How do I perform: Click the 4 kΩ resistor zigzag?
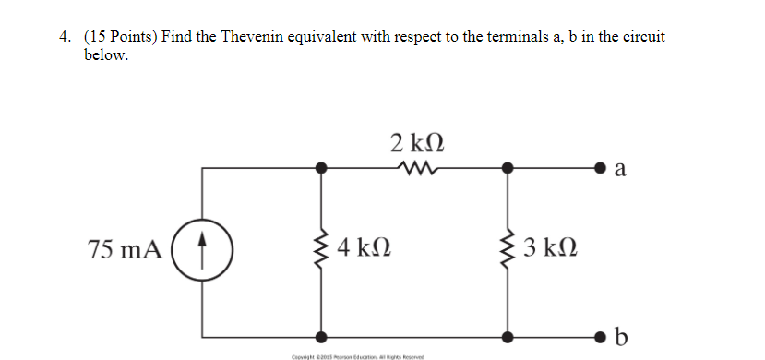point(321,249)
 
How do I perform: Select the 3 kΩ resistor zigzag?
point(507,249)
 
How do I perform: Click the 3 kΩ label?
point(548,248)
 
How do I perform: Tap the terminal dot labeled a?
point(600,169)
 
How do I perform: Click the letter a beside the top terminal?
point(619,169)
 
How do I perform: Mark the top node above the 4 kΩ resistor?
point(321,169)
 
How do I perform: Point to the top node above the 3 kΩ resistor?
point(507,169)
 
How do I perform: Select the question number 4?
point(63,37)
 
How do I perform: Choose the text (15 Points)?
point(119,37)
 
